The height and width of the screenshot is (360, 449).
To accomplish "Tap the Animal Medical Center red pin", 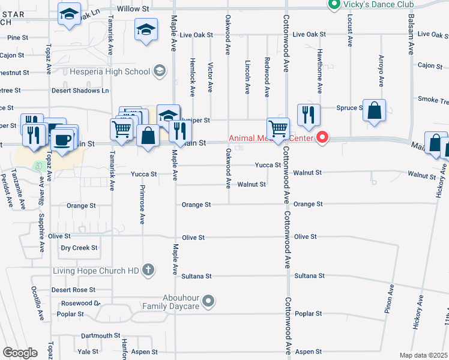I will (322, 138).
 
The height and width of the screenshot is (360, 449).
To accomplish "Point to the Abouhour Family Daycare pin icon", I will (208, 301).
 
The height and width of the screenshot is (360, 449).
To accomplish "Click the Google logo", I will (20, 352).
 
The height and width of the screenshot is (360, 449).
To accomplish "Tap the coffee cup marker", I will (63, 140).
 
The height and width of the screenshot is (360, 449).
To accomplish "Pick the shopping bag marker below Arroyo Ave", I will (374, 110).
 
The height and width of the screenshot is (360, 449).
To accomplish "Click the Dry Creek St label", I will (79, 248).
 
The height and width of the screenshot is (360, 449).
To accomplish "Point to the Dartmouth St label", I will (97, 336).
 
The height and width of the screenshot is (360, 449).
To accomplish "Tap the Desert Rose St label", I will (73, 290).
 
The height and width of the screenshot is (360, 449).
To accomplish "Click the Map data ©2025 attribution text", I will (423, 355).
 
